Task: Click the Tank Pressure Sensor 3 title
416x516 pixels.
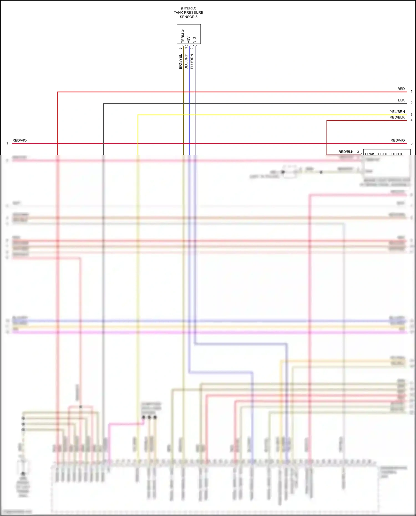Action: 188,12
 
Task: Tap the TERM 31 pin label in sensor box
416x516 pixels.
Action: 183,35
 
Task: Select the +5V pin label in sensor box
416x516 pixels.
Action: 189,39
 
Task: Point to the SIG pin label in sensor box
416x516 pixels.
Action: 194,40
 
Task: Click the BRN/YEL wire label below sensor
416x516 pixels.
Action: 181,62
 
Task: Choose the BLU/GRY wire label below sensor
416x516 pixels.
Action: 186,62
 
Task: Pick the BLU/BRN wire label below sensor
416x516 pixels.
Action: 192,62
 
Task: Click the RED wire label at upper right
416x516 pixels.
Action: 401,89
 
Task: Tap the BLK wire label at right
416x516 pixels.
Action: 401,100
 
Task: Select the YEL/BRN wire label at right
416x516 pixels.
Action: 397,111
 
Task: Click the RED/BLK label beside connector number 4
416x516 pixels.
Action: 397,117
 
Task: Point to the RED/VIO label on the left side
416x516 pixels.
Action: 19,140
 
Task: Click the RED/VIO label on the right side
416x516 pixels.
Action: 397,140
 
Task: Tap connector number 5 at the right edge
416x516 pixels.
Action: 411,143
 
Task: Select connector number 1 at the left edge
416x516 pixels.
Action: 7,143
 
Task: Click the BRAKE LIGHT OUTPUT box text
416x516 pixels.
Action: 384,153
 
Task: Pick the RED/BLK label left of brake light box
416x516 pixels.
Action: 346,152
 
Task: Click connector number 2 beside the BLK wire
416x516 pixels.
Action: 411,103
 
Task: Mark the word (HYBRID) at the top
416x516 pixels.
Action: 188,8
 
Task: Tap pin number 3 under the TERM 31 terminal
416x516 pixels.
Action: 181,48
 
